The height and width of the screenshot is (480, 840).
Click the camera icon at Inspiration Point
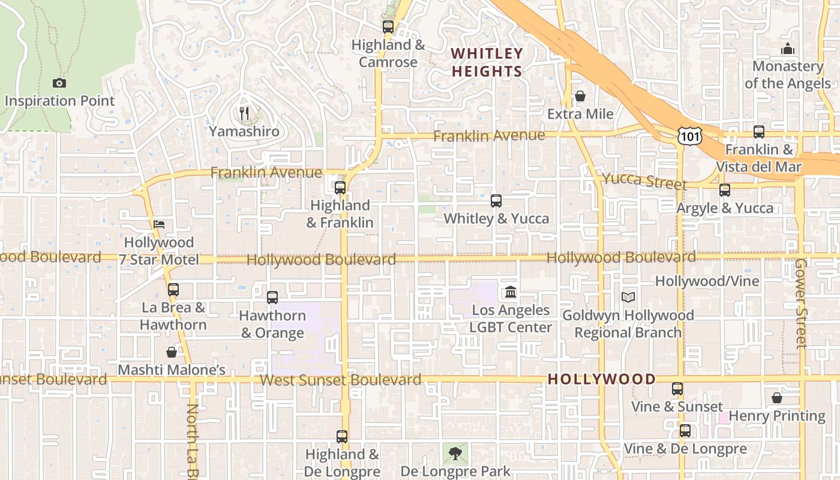coord(59,83)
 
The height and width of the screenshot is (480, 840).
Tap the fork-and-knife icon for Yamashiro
coord(244,113)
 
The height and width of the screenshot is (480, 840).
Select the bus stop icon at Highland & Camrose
coord(388,26)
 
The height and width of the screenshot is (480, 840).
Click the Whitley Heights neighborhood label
coord(487,62)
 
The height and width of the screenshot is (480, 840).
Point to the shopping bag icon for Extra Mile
coord(580,96)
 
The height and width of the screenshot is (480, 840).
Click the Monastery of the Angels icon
coord(787,49)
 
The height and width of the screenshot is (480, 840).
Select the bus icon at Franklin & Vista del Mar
coord(759,131)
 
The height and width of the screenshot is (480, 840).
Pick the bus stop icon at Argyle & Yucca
coord(725,190)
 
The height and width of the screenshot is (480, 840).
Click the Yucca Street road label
coord(644,181)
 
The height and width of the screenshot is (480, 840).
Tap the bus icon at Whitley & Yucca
coord(496,200)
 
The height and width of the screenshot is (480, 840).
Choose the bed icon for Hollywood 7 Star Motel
coord(158,224)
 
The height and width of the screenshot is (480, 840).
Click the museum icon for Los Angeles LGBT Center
coord(510,292)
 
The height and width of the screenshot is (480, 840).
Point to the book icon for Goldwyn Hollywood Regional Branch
coord(628,297)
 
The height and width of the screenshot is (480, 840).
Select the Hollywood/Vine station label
coord(707,281)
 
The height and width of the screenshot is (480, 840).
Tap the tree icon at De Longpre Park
coord(455,453)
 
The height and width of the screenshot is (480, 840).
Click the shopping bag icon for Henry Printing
coord(776,398)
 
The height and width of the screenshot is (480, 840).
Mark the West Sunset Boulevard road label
coord(340,380)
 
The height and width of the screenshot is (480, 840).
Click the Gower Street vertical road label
coord(800,303)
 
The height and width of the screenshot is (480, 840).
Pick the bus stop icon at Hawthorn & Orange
coord(272,297)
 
